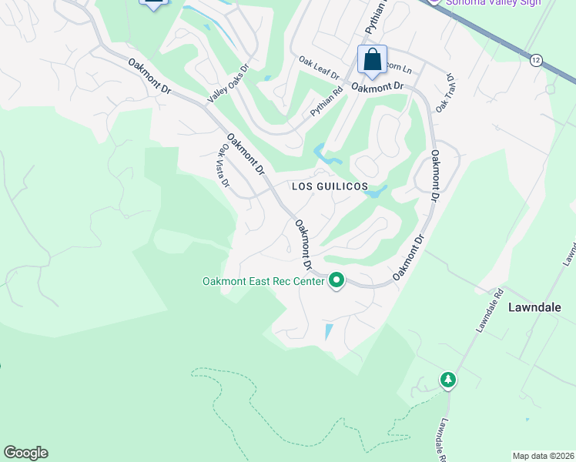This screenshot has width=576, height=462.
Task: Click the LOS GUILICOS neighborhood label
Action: pos(328,187)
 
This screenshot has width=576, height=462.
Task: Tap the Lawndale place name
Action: pos(534,306)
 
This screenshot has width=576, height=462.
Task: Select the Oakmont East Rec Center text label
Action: pos(263,281)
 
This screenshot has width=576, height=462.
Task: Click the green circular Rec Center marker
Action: pos(336,280)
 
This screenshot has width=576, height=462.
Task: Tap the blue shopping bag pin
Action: pos(372,60)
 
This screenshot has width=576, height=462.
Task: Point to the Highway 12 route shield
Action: pos(536,59)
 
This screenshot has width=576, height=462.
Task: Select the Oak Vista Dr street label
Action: pos(224,166)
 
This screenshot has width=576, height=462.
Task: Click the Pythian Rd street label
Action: pos(327,103)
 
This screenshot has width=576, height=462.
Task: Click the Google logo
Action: pos(25,453)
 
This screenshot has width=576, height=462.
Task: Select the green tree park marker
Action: pos(447,379)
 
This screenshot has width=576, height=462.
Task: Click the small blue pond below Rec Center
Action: pos(330,332)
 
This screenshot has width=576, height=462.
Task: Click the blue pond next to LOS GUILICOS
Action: pos(373,193)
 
